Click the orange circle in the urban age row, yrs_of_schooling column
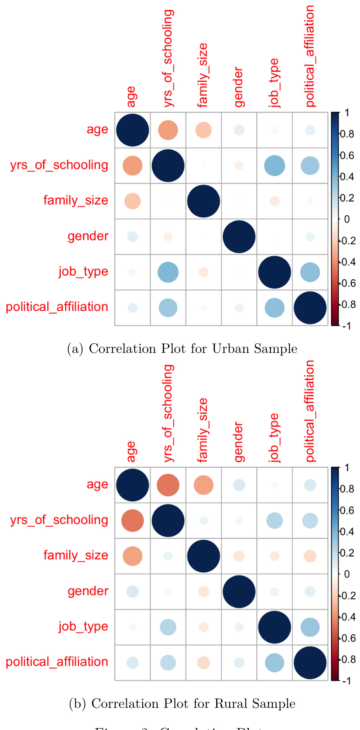[168, 130]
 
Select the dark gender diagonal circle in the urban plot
[239, 237]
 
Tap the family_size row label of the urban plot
[76, 201]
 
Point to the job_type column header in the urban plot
[274, 83]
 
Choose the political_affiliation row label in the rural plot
[57, 662]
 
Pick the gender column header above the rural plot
[238, 442]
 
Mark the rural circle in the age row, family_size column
[204, 485]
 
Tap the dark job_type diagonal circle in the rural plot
[275, 627]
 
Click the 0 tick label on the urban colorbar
[347, 219]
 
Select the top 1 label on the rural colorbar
[347, 468]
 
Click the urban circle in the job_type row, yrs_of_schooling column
[168, 272]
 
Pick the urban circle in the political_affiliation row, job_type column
[275, 308]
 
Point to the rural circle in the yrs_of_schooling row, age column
[133, 521]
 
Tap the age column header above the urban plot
[131, 97]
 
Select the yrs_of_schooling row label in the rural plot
[59, 520]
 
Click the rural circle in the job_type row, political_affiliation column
[310, 627]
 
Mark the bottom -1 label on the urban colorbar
[346, 326]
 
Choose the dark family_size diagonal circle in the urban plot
[204, 201]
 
